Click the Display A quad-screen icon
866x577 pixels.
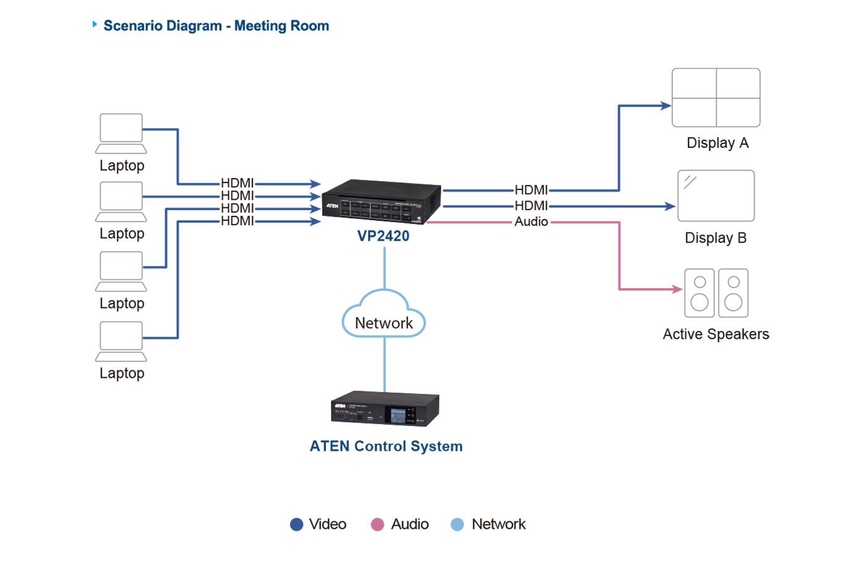(x=716, y=98)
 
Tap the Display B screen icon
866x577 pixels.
(x=716, y=195)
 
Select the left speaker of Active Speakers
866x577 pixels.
(x=700, y=293)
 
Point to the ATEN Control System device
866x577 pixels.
(x=385, y=409)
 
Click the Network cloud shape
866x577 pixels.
(x=384, y=315)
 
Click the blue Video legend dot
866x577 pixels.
(x=296, y=524)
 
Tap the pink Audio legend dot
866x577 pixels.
(x=377, y=524)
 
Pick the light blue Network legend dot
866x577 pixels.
(x=457, y=524)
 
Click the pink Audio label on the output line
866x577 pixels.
(x=531, y=221)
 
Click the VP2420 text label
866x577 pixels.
(x=383, y=236)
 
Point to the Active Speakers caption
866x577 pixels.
(x=716, y=335)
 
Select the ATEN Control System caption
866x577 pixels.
(x=386, y=447)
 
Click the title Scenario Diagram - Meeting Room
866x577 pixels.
(x=216, y=26)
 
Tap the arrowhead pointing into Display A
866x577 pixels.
(x=666, y=106)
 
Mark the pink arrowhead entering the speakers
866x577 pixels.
(x=677, y=289)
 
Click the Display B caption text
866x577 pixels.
(x=716, y=238)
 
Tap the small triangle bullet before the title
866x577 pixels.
(x=95, y=24)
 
